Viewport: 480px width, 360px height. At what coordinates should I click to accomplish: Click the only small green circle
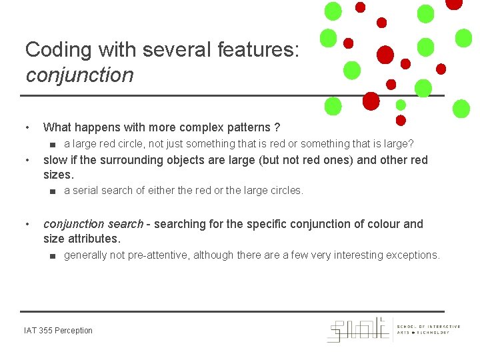[401, 105]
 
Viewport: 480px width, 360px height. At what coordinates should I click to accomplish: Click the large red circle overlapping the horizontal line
[371, 100]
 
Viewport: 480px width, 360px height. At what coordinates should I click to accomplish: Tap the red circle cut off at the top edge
[454, 3]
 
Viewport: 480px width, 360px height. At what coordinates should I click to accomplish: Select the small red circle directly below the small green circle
[401, 121]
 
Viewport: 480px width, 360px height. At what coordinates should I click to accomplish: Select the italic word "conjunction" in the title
[79, 75]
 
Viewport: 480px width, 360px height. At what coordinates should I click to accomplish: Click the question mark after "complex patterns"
[277, 127]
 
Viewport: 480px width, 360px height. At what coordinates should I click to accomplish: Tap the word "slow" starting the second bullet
[57, 160]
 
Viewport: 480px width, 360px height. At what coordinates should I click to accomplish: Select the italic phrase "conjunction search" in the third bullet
[93, 224]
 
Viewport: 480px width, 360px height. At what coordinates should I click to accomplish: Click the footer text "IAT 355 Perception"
[58, 331]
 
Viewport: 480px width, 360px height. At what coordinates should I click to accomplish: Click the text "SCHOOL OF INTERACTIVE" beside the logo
[429, 327]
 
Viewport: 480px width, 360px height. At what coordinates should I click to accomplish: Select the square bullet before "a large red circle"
[52, 144]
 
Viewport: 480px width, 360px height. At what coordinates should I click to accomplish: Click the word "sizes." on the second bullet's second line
[58, 175]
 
